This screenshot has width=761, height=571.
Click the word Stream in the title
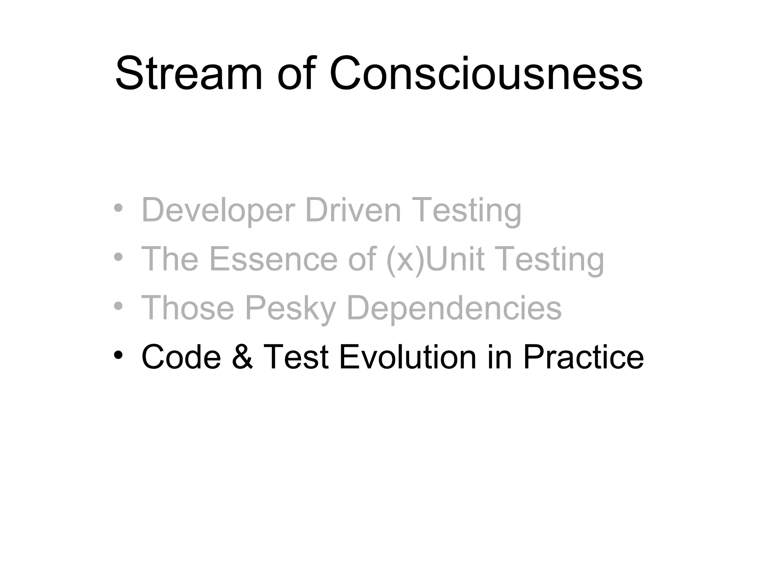tap(189, 73)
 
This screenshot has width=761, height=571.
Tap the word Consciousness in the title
tap(486, 73)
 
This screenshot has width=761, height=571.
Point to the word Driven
tap(353, 210)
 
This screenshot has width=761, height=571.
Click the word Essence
tap(273, 259)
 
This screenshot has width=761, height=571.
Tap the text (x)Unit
tap(435, 259)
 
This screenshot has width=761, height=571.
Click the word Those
tap(188, 308)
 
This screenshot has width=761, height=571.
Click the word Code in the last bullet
tap(181, 357)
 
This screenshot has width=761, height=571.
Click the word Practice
tap(583, 357)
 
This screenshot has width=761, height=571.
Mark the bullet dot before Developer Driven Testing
tap(118, 209)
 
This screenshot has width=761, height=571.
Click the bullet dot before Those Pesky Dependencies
tap(118, 306)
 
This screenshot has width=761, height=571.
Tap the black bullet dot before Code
tap(118, 355)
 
